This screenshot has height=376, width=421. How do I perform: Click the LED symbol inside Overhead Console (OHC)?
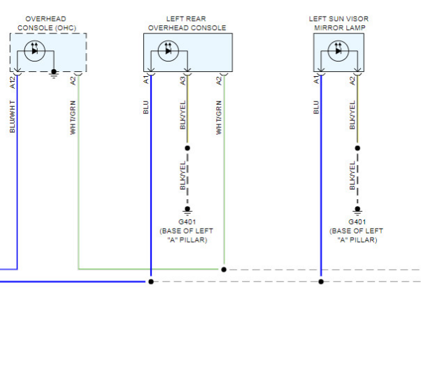click(35, 51)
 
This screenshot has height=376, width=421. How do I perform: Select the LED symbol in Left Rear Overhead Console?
click(169, 51)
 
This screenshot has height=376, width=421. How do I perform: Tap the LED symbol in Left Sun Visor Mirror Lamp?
click(338, 51)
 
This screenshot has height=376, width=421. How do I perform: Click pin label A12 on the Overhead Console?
click(13, 82)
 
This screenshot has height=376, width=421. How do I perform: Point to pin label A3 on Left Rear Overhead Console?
click(183, 81)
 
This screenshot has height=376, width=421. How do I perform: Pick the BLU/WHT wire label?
click(13, 117)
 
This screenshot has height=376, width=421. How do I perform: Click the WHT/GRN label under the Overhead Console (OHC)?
click(73, 117)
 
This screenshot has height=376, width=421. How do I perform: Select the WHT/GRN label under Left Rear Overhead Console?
click(219, 117)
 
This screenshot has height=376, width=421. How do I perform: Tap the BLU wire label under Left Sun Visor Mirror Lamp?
click(316, 108)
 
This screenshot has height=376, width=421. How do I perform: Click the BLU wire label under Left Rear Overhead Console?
click(145, 108)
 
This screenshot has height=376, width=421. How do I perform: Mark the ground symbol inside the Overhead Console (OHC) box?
click(54, 73)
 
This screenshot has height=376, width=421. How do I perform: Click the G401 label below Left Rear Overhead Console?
click(187, 222)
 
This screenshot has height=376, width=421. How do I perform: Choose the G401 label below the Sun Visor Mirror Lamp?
click(357, 222)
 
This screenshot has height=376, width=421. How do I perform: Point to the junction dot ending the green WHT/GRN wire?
click(224, 270)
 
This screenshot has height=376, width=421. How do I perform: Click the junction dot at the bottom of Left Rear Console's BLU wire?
click(151, 282)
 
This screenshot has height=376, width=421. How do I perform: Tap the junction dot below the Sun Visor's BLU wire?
click(321, 282)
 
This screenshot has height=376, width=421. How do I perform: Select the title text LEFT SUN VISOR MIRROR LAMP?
click(339, 23)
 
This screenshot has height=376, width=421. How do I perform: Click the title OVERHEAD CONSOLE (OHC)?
click(47, 23)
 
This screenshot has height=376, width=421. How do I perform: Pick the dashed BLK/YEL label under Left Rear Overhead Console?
click(183, 175)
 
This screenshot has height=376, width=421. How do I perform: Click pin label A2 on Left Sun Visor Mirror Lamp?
click(352, 81)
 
